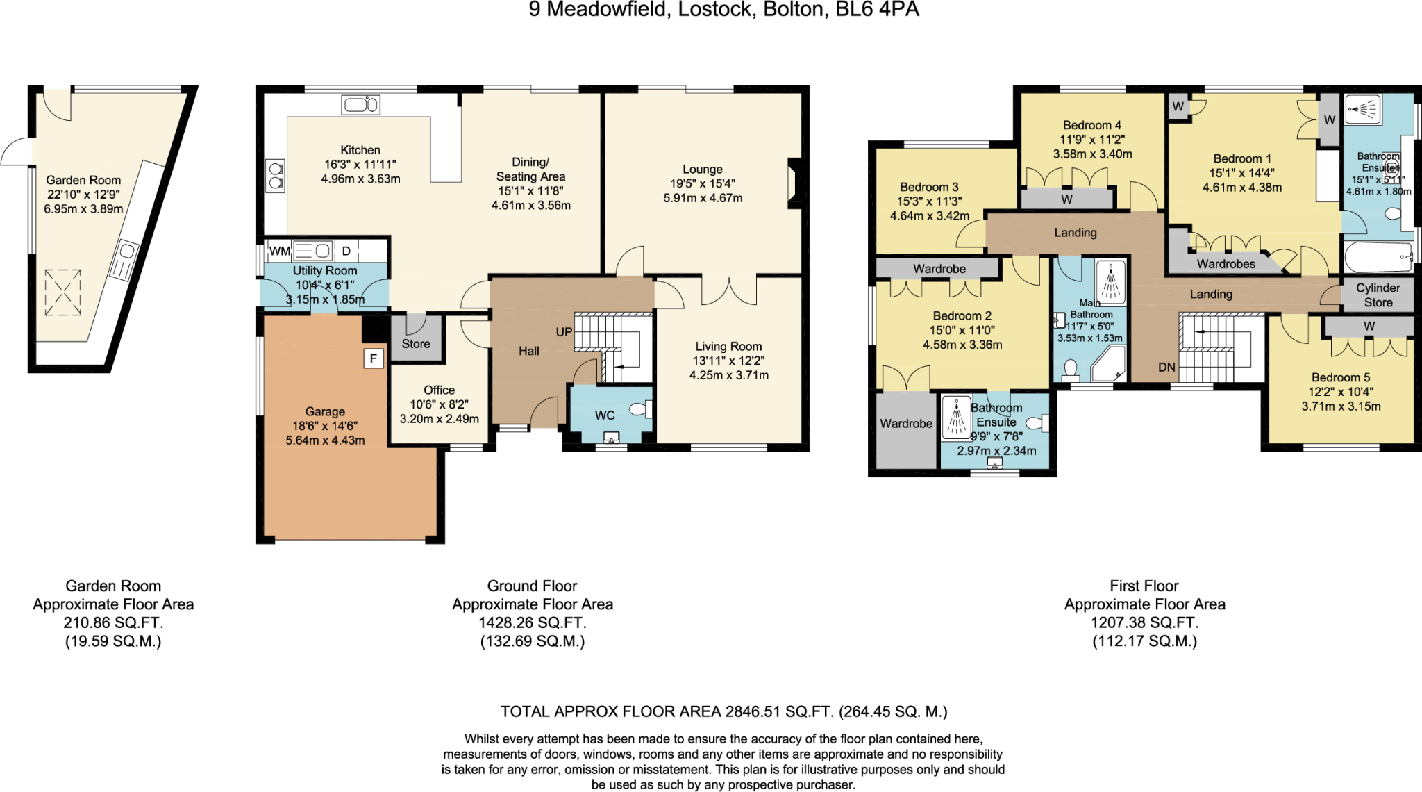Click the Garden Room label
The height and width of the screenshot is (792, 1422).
(83, 180)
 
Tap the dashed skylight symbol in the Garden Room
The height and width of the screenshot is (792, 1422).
(62, 292)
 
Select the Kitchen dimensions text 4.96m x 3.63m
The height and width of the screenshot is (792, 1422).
(360, 179)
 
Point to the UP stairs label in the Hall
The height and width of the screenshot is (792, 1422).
(564, 332)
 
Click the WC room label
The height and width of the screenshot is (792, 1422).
(605, 415)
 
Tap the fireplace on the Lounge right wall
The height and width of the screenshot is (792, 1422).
(794, 183)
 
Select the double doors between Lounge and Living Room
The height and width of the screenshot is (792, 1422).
(728, 290)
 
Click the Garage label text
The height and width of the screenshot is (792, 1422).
(325, 411)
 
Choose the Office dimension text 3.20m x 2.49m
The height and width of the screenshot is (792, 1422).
(439, 419)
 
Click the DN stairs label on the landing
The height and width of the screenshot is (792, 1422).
(1166, 368)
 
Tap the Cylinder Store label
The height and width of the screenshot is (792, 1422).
(1378, 295)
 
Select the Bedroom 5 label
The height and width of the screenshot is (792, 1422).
(1340, 377)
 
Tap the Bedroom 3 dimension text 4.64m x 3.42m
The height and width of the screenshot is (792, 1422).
(929, 216)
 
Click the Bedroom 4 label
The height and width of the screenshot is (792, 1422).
(1091, 125)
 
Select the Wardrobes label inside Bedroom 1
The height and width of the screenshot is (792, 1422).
(1226, 264)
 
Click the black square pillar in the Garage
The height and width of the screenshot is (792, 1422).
(374, 358)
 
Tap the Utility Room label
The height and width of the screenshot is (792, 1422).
(324, 270)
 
